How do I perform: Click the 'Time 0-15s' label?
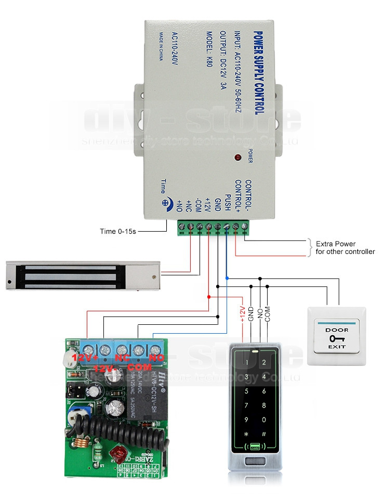coord(118,231)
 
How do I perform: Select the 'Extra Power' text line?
coord(335,244)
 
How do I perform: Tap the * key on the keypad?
coord(247,434)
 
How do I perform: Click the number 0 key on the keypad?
coord(264,420)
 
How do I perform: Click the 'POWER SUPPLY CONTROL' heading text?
coord(258,73)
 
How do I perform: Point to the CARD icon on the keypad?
coord(255,447)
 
